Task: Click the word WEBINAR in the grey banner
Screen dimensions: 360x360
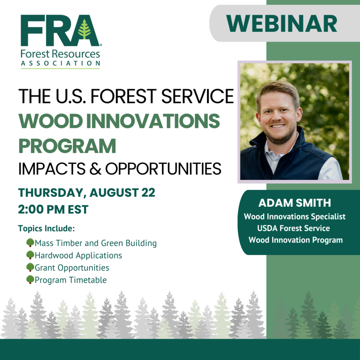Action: (282, 24)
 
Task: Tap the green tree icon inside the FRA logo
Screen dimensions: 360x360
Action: (84, 29)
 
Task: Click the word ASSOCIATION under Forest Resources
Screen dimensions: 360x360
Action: (60, 63)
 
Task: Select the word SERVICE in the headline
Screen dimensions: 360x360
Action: (198, 96)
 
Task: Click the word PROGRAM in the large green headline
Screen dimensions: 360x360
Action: (67, 146)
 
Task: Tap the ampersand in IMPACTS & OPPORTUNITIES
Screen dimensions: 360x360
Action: (95, 169)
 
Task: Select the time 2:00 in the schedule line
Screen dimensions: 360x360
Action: (31, 210)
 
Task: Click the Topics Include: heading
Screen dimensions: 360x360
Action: (46, 229)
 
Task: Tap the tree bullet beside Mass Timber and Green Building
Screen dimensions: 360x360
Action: (30, 243)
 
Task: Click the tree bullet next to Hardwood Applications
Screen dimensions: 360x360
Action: (30, 255)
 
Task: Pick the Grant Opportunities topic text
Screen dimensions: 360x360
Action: (72, 268)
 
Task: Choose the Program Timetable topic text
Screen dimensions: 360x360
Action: (71, 280)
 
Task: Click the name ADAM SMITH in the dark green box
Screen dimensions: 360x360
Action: (295, 203)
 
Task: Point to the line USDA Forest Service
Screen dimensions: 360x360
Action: (294, 228)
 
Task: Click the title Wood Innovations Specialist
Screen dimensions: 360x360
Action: (295, 217)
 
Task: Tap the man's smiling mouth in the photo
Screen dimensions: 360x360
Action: (278, 126)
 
